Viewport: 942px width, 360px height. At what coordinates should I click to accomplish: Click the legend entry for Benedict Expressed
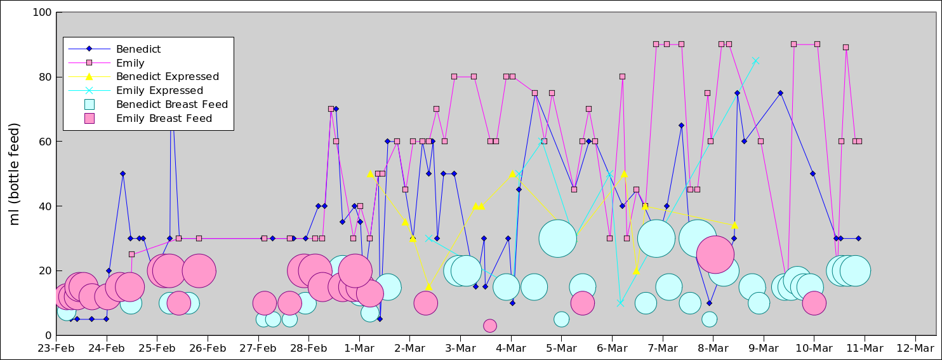pos(168,77)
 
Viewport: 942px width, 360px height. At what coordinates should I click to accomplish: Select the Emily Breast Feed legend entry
pos(164,118)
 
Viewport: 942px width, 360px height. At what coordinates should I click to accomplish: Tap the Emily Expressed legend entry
pos(159,91)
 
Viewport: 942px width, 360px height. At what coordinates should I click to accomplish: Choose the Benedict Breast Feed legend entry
pos(171,104)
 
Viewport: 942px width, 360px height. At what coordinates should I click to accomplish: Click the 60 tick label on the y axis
pos(45,142)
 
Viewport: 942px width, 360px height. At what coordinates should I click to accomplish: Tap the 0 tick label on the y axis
pos(48,335)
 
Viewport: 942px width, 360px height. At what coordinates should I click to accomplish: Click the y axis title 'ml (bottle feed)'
pos(15,174)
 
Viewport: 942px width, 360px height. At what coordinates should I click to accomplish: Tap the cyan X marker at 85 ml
pos(755,61)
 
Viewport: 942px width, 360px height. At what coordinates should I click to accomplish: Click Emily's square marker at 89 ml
pos(846,48)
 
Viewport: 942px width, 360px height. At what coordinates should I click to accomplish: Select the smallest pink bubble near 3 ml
pos(489,326)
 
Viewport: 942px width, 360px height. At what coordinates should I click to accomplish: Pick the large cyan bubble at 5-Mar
pos(557,239)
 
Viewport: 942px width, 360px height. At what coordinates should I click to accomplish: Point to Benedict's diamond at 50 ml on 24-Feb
pos(123,173)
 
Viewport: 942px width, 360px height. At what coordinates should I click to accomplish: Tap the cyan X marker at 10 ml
pos(620,303)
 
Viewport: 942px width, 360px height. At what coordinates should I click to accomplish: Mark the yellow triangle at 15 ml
pos(428,287)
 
